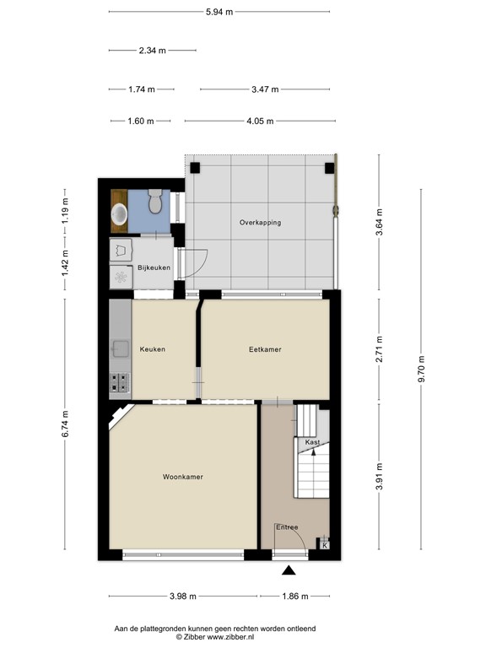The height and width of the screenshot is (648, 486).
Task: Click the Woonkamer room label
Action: pos(182,477)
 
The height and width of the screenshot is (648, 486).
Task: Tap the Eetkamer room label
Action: pos(264,349)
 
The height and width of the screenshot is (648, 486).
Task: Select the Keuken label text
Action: pos(152,349)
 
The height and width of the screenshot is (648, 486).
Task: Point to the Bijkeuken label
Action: pos(154,267)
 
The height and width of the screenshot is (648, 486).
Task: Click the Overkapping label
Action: pos(260,223)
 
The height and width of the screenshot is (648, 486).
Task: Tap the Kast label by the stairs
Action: pos(312,442)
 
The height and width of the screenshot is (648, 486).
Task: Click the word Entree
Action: pos(287,527)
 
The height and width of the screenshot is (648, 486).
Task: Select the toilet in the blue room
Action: pos(154,202)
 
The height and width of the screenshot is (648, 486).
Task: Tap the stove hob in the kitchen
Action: pos(119,382)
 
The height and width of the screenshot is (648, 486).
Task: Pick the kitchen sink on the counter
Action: pos(119,346)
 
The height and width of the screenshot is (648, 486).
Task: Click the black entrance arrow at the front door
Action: pos(289,570)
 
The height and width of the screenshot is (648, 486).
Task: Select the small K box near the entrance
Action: pos(325,545)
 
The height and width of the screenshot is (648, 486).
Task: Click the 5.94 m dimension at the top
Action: pos(219,13)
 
